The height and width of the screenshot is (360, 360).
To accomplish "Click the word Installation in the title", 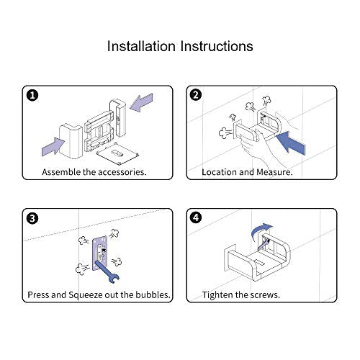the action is tap(141, 46).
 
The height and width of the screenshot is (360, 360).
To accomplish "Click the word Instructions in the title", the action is tap(217, 46).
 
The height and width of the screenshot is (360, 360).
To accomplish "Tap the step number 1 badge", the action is tap(32, 95).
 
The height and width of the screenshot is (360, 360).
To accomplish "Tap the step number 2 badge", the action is tap(196, 95).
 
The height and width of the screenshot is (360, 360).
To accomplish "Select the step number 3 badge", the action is tap(32, 218).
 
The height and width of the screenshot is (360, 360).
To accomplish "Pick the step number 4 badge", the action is tap(196, 217).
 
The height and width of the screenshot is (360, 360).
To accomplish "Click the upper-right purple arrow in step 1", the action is tap(141, 103).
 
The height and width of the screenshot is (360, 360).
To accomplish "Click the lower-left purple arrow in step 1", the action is tap(53, 146).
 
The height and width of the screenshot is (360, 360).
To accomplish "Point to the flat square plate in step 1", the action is tap(117, 153).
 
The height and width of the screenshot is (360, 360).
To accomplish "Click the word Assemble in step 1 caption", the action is tap(61, 172).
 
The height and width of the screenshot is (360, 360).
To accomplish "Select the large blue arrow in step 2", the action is tap(291, 142).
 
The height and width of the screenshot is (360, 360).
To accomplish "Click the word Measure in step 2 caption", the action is tap(274, 172).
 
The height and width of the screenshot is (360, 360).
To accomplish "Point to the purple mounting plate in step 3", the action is tap(100, 253).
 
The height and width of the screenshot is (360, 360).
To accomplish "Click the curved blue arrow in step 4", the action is tap(261, 230).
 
